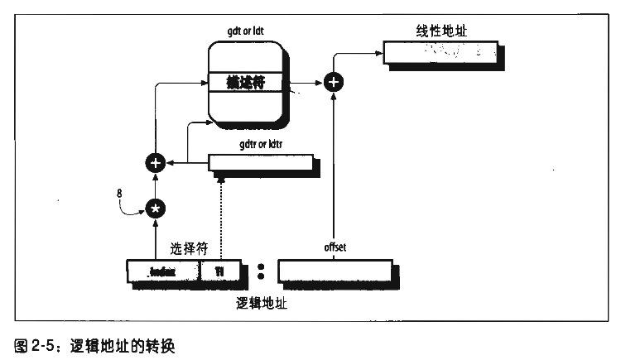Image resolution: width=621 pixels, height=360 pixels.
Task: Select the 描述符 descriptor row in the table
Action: click(246, 83)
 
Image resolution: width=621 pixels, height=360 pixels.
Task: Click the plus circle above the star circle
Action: click(154, 163)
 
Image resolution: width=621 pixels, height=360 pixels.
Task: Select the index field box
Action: click(163, 270)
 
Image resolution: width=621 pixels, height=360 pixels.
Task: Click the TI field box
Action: click(221, 270)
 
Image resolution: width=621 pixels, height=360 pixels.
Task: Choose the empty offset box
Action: click(334, 271)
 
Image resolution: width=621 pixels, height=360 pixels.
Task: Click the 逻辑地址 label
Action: click(262, 303)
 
